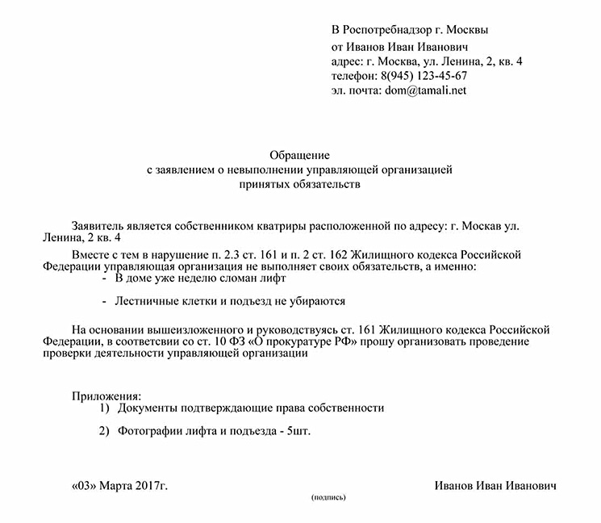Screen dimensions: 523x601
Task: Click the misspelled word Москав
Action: point(487,224)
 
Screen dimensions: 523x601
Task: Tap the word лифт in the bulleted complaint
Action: point(273,278)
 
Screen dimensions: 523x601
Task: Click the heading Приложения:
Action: point(106,395)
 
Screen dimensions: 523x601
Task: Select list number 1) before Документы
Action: point(104,408)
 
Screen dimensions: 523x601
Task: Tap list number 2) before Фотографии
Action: point(104,432)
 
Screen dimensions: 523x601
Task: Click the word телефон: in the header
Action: point(353,76)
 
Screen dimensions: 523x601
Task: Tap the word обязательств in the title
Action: point(331,184)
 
